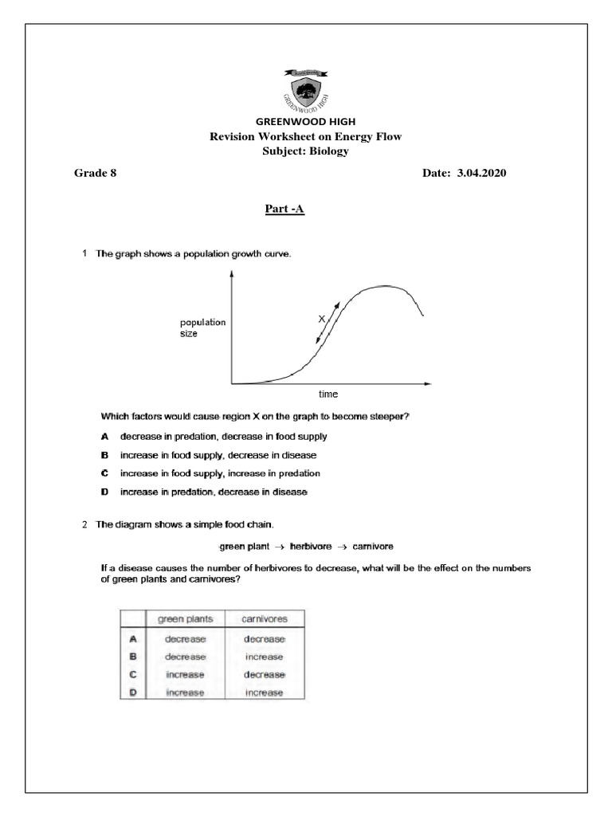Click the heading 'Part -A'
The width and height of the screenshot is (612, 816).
click(x=284, y=210)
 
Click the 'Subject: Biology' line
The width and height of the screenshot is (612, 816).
click(x=305, y=151)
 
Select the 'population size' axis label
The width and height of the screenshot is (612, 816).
click(x=202, y=328)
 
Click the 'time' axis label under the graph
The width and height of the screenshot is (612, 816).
click(x=328, y=394)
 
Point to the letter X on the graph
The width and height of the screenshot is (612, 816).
click(x=322, y=318)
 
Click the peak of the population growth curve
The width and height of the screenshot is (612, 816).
click(x=386, y=285)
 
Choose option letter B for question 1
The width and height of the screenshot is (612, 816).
click(x=104, y=455)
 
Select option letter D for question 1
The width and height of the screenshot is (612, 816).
click(x=104, y=492)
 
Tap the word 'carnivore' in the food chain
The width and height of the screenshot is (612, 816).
click(x=368, y=547)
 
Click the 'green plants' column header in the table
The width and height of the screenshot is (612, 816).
click(x=186, y=618)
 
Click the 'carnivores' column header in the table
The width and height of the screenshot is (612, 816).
click(x=265, y=618)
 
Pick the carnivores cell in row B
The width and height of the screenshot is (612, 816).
click(x=265, y=657)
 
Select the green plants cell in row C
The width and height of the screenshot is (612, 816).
click(x=186, y=674)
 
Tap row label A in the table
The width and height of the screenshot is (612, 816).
click(x=134, y=639)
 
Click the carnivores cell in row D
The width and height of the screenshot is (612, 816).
click(x=265, y=692)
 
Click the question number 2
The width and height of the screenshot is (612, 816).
click(x=84, y=524)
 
